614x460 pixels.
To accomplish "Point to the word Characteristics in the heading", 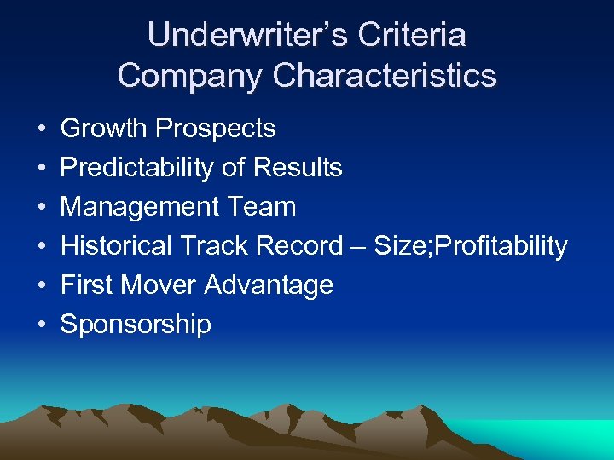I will [385, 75].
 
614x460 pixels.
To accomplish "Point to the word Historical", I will [116, 246].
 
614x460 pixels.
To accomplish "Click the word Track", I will [207, 246].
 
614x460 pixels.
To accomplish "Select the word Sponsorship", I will [136, 325].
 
